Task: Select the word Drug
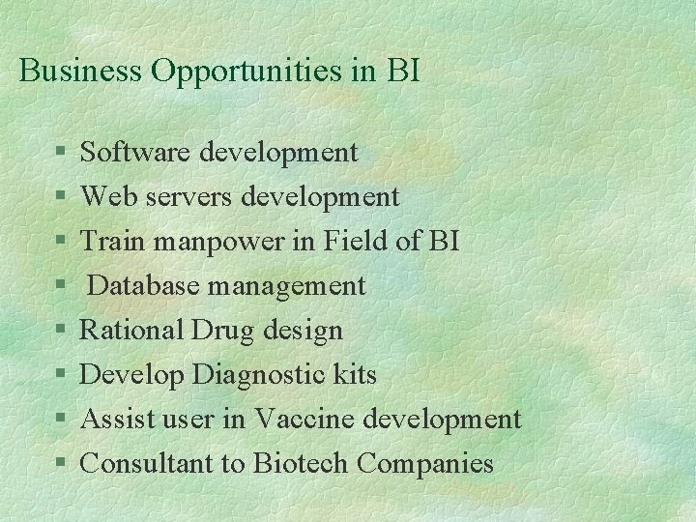(221, 332)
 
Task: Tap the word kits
(356, 374)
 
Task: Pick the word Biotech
(301, 463)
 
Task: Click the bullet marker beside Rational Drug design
(60, 332)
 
